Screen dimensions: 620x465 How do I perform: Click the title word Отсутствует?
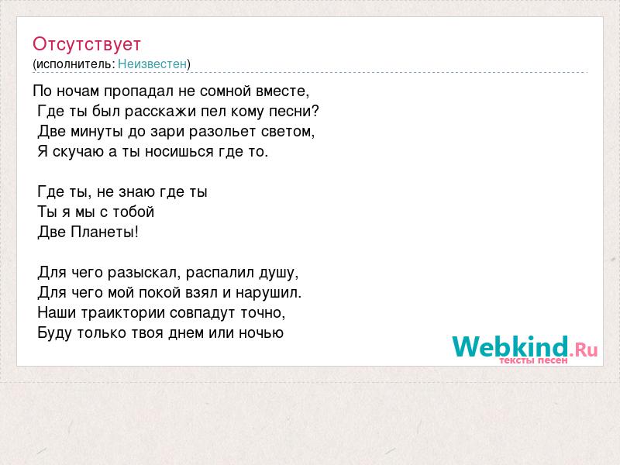[87, 44]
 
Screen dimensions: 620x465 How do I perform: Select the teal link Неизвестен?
[152, 64]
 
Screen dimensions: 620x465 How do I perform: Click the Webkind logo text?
[511, 346]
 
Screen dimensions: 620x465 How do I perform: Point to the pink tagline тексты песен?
[533, 360]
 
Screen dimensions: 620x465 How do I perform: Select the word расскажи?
[160, 112]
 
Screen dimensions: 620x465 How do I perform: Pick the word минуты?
[97, 132]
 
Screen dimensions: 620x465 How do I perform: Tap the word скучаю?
[79, 152]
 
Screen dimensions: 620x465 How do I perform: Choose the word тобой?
[133, 212]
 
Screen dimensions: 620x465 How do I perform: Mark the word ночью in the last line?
[261, 333]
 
